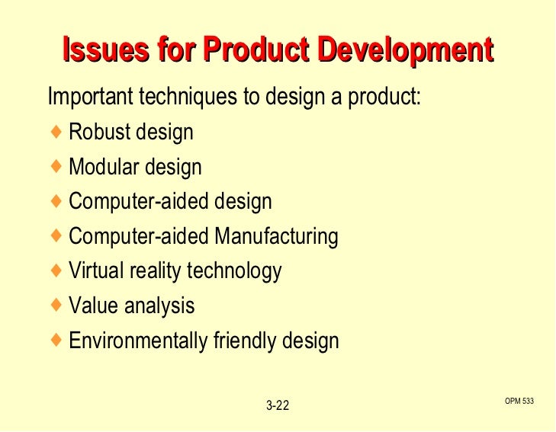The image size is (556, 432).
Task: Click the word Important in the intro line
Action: click(x=90, y=98)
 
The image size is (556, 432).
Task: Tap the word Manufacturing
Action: click(x=276, y=236)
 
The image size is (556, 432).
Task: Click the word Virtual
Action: click(x=93, y=270)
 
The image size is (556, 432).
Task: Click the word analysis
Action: click(x=157, y=306)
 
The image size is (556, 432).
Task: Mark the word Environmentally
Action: click(x=137, y=341)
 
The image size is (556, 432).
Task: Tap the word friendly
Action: click(x=243, y=341)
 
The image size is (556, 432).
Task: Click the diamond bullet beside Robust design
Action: click(x=56, y=132)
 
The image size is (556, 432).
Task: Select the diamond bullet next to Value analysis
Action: click(x=56, y=306)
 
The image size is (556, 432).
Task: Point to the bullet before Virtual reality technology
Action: click(x=56, y=270)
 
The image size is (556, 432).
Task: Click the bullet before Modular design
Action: click(x=56, y=167)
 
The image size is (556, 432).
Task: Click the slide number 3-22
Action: click(x=278, y=405)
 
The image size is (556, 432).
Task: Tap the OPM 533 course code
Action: click(x=519, y=401)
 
